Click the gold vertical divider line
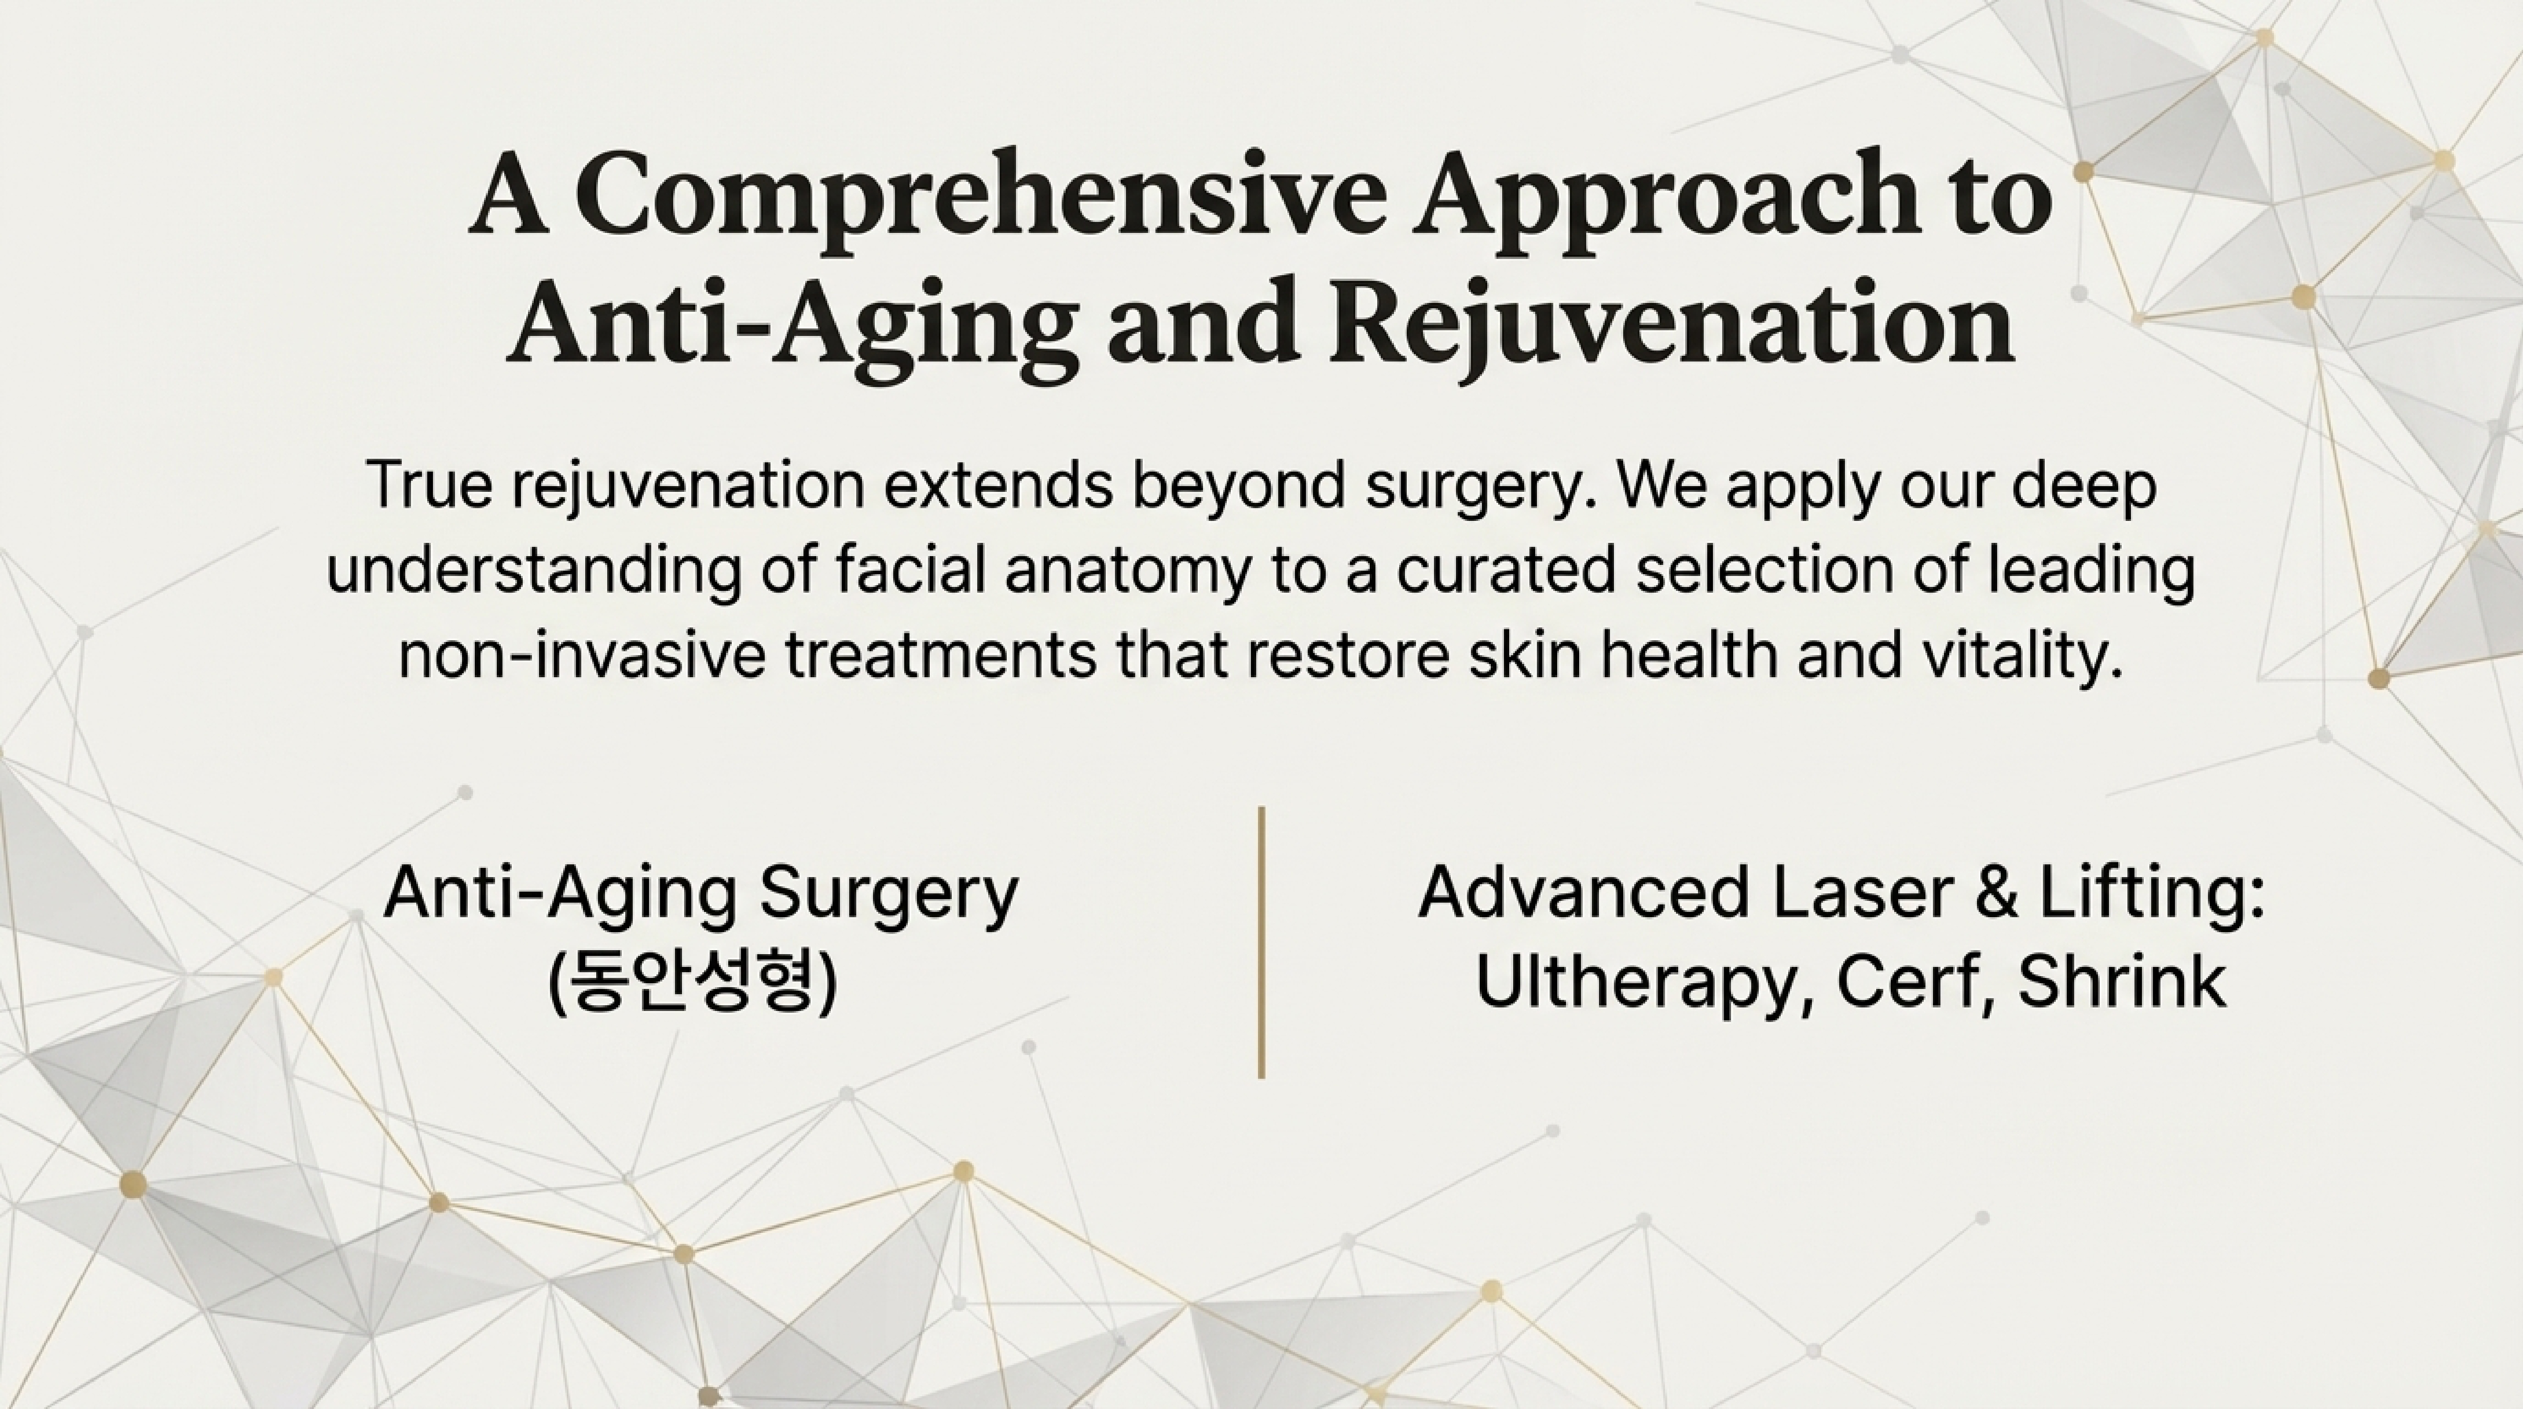pos(1261,943)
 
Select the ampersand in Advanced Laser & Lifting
pos(1996,892)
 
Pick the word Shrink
pos(2123,980)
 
